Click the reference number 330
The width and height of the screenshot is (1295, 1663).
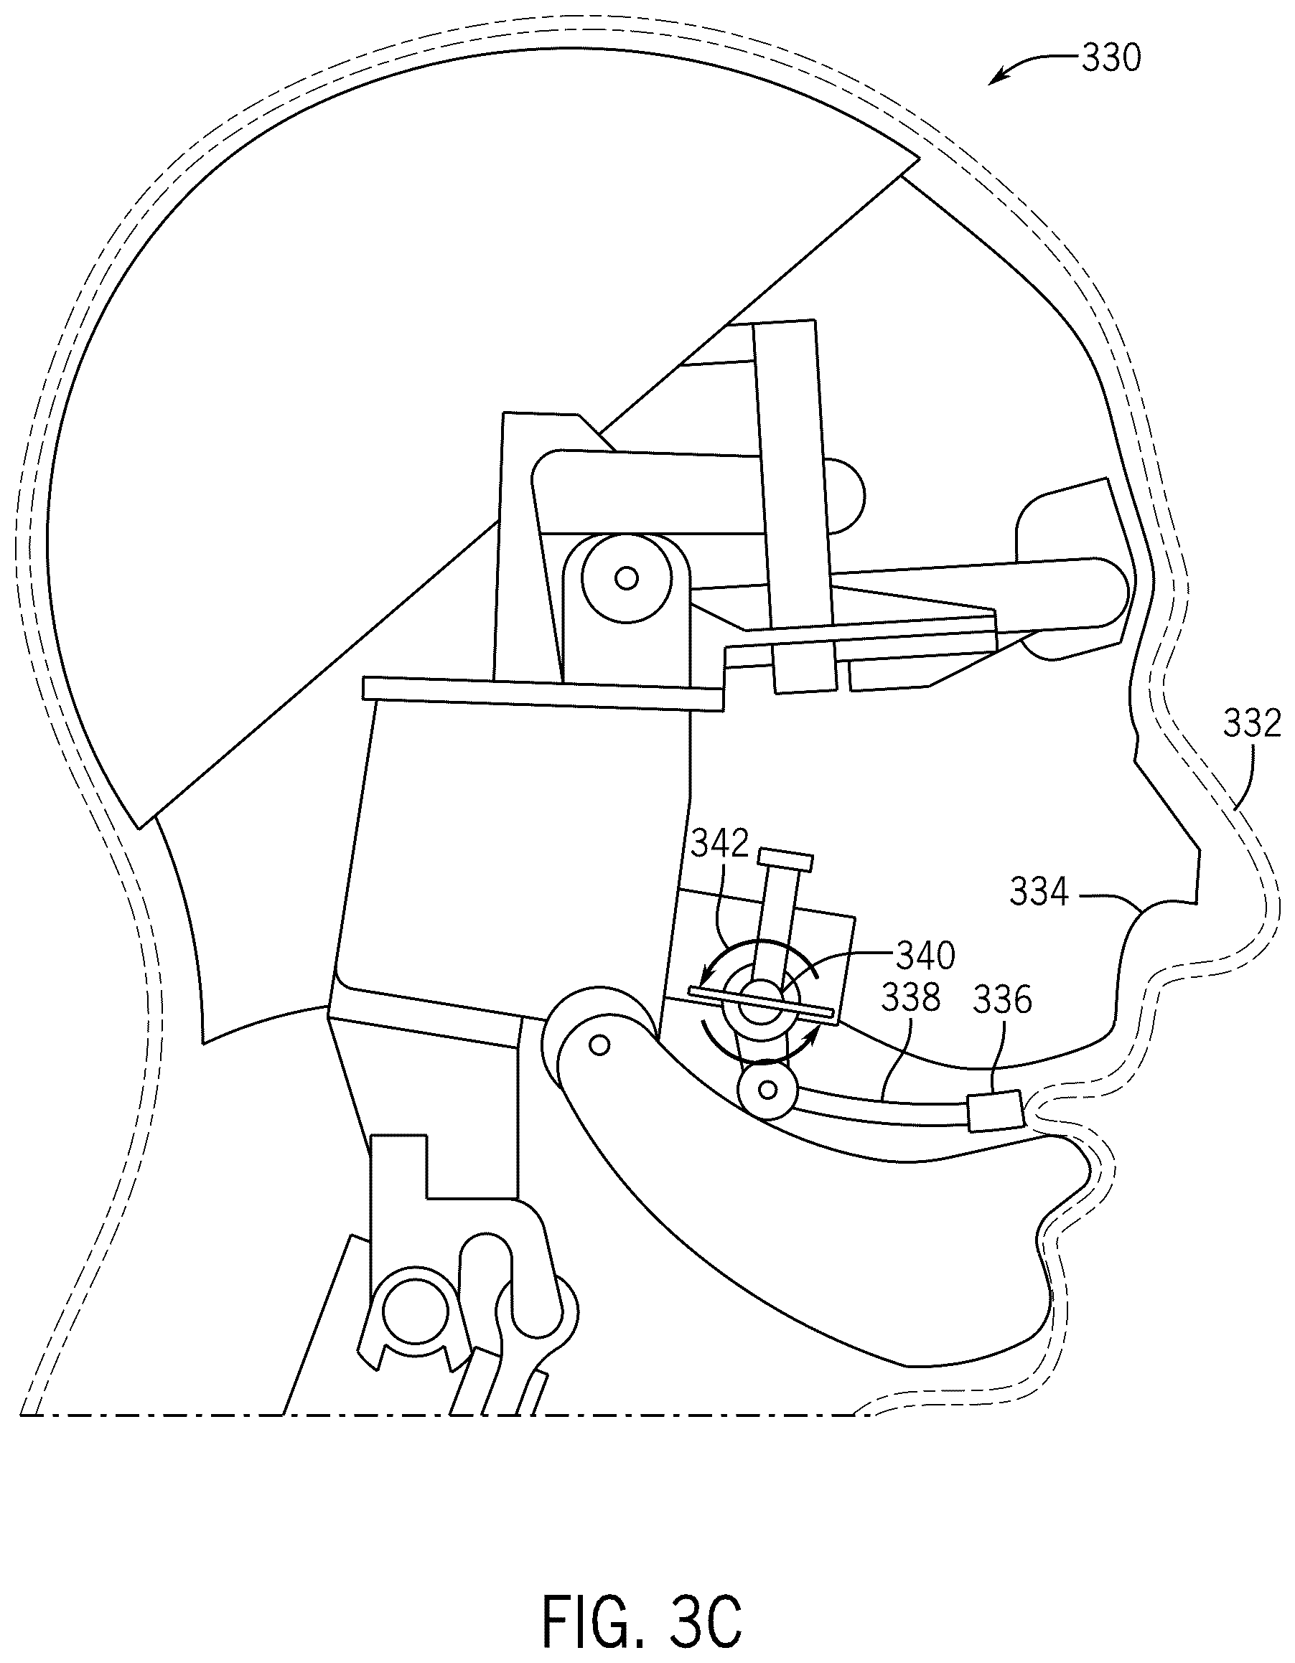point(1111,59)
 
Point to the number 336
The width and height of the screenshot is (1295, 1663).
point(1003,1001)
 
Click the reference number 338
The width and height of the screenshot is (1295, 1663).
point(911,997)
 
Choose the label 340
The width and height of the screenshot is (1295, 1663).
point(925,955)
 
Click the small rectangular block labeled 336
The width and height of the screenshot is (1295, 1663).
point(994,1113)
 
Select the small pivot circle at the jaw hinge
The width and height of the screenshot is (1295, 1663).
point(600,1045)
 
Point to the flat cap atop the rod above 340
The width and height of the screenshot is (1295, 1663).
point(785,861)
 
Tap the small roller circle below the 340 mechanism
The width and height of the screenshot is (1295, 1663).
point(768,1090)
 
